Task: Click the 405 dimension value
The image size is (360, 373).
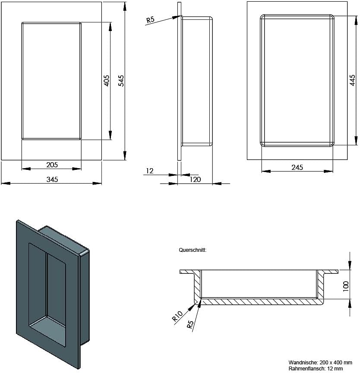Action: coord(107,81)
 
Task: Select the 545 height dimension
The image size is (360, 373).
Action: coord(121,81)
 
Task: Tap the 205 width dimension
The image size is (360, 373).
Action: coord(52,165)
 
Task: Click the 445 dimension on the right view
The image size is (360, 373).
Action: coord(352,80)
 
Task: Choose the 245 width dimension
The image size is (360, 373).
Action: coord(297,167)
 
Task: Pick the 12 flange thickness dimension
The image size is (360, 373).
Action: coord(150,171)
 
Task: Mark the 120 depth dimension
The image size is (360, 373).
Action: coord(195,179)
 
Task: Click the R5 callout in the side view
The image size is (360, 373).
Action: coord(150,20)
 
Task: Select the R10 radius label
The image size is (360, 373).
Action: coord(177,316)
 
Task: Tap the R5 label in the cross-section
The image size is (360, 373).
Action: coord(190,324)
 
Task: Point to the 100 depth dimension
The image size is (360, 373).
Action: coord(346,286)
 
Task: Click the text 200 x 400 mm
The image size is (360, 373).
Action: coord(336,363)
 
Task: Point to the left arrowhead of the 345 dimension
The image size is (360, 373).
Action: coord(6,183)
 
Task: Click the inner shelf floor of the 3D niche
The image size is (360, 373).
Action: coord(47,328)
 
